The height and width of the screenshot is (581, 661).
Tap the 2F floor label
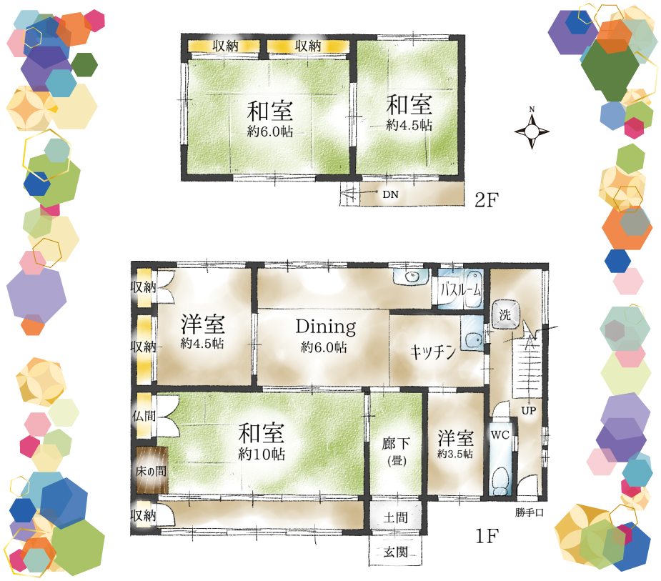[487, 199]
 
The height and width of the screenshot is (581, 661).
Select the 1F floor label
[487, 536]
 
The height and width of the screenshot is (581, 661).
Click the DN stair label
[390, 194]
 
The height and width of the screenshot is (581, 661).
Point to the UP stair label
[529, 410]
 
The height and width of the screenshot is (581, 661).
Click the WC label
[500, 434]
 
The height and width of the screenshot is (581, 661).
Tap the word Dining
[325, 327]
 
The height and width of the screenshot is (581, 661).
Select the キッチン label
[433, 352]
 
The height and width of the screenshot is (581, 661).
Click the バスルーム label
[460, 289]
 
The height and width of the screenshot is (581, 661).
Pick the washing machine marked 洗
[505, 314]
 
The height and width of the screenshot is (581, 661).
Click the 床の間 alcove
[151, 470]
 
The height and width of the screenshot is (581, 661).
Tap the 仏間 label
[144, 416]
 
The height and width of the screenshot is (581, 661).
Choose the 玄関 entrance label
[395, 552]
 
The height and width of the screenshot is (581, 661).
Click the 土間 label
[395, 517]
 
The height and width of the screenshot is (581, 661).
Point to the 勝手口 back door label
[529, 512]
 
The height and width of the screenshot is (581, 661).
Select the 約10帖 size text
[262, 454]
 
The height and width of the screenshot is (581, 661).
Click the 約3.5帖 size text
[455, 454]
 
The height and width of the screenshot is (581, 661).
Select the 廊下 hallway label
[395, 444]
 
